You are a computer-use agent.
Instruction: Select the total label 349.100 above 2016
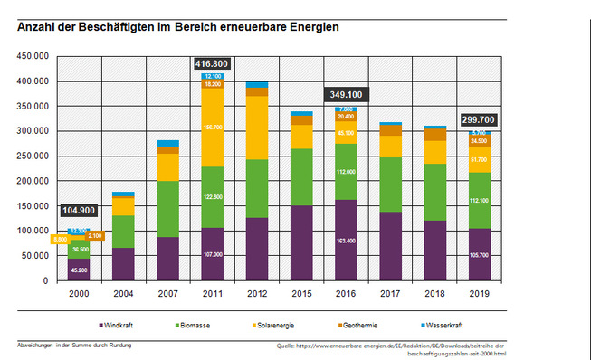tap(344, 94)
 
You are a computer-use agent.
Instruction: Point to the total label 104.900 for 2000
tap(80, 210)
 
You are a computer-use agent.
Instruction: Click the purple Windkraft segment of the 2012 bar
tap(256, 249)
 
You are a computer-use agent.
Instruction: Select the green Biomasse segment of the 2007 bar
tap(167, 208)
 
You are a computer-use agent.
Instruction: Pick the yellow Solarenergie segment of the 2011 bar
tap(212, 128)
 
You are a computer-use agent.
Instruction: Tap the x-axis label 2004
tap(123, 294)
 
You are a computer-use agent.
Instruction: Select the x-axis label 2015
tap(300, 294)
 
